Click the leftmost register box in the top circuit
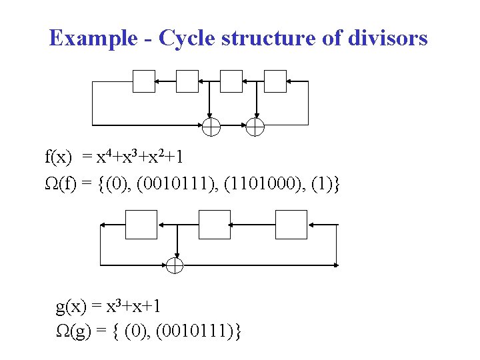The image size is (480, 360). click(144, 81)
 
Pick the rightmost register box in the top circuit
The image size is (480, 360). click(275, 81)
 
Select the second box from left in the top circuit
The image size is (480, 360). click(188, 81)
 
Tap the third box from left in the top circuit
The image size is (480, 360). click(231, 81)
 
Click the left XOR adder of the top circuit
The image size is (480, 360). click(211, 126)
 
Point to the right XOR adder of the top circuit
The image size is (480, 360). click(255, 126)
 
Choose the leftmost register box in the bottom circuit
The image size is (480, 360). click(141, 224)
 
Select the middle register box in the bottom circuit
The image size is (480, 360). click(214, 224)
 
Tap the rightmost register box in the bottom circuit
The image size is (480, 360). click(291, 224)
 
